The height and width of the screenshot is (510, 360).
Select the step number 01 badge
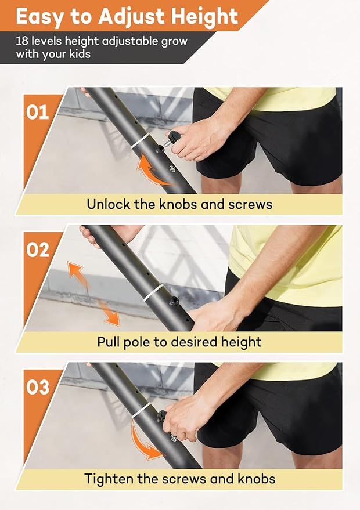pos(38,111)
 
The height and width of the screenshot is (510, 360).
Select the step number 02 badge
pos(38,249)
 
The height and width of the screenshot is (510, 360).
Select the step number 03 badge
pos(38,387)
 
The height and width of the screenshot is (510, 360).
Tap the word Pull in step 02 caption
pos(109,342)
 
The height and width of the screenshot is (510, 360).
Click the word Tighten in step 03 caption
pos(108,479)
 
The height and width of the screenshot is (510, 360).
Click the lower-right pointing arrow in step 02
pos(108,314)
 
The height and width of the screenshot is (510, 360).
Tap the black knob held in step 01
pos(172,140)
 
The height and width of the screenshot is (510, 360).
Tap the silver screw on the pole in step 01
pos(172,169)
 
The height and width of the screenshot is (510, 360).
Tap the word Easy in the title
pos(39,17)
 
